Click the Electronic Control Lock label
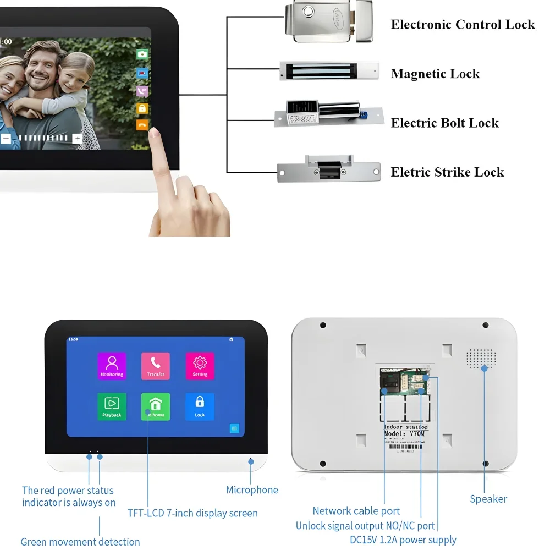click(463, 25)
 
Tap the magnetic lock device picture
click(329, 71)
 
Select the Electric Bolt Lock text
click(444, 123)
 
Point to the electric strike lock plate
click(328, 171)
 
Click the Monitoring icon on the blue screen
click(112, 366)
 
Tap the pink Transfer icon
click(156, 366)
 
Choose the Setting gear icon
click(200, 366)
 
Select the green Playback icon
click(112, 406)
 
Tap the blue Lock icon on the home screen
click(200, 406)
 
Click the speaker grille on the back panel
click(481, 358)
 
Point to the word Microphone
click(252, 490)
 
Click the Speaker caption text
click(488, 499)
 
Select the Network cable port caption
click(356, 512)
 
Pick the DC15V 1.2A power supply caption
click(403, 540)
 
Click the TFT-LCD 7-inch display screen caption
click(193, 513)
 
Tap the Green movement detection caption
click(80, 542)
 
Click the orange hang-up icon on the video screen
click(142, 125)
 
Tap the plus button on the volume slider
click(78, 139)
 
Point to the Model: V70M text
click(404, 434)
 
